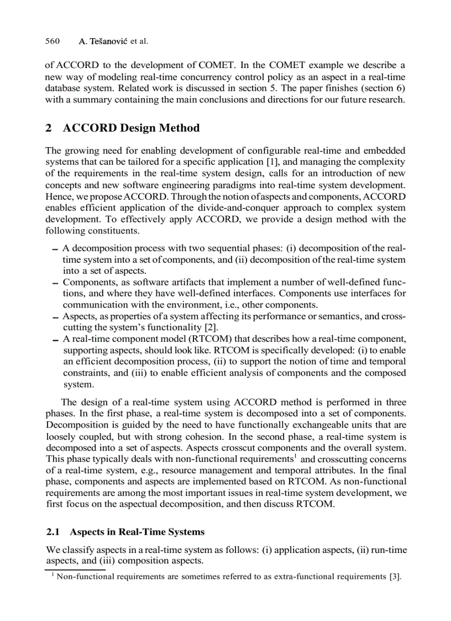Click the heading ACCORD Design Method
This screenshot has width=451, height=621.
(x=132, y=128)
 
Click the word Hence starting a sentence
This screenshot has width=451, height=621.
(x=57, y=196)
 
